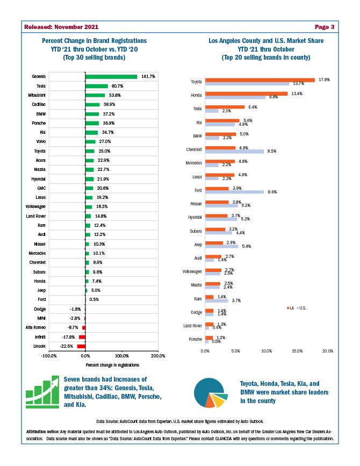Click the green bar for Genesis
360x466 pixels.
click(111, 76)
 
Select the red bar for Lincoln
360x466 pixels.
click(81, 346)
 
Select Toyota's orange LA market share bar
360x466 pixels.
click(260, 80)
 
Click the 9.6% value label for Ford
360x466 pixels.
click(272, 192)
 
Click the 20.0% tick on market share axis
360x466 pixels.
click(327, 350)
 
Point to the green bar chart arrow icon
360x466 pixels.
click(42, 392)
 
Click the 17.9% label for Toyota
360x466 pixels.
click(324, 80)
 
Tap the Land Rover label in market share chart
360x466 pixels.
click(192, 326)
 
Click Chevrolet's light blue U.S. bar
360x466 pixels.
click(234, 152)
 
